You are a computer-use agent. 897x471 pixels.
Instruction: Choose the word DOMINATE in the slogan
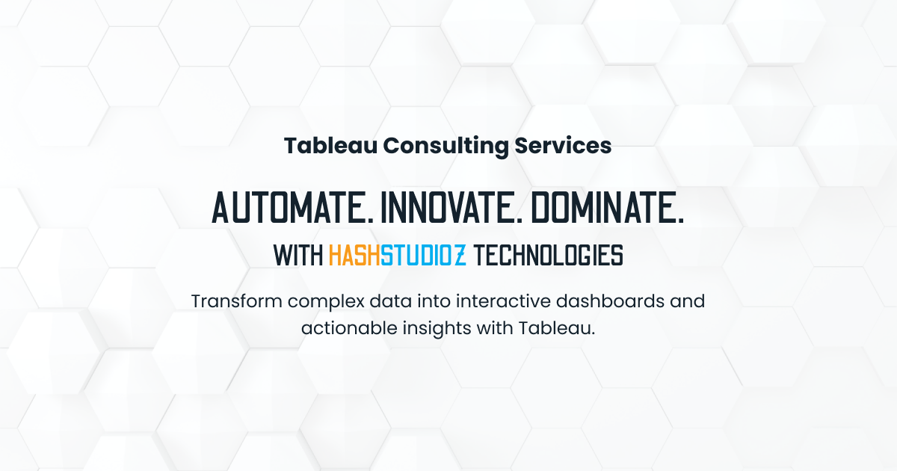tap(608, 206)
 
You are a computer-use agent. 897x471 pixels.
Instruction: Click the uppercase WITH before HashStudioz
tap(298, 256)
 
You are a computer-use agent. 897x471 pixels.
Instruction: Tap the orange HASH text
tap(354, 256)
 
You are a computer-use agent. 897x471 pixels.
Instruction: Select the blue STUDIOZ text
tap(423, 256)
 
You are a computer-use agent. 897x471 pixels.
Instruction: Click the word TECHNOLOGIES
tap(549, 256)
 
